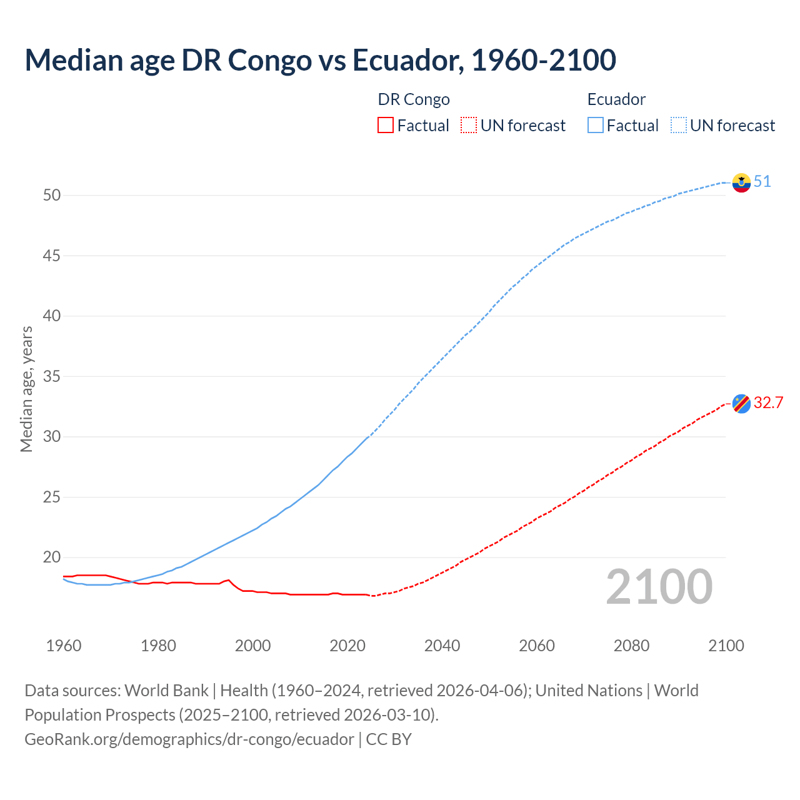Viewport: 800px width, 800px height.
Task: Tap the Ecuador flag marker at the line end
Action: coord(741,182)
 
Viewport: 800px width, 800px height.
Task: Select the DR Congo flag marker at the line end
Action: coord(741,404)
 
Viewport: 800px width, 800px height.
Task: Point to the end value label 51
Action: coord(762,182)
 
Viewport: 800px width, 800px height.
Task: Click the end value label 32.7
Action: coord(768,403)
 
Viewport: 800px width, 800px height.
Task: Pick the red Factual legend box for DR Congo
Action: coord(386,126)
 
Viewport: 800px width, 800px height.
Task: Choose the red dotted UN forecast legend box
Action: coord(469,126)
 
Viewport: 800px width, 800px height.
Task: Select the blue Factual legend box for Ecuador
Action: coord(596,126)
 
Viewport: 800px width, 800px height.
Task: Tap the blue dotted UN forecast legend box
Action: coord(678,126)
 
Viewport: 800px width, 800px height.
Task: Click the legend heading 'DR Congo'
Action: coord(414,99)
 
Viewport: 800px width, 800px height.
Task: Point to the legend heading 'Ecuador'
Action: coord(616,99)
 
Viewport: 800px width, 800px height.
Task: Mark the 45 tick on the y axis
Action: coord(52,256)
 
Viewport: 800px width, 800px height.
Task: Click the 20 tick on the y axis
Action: coord(52,557)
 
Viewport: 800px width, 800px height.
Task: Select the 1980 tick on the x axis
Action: coord(158,646)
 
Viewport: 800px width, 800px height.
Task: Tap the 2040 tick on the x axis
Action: coord(442,646)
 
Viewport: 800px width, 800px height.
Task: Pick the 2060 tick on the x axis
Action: coord(537,646)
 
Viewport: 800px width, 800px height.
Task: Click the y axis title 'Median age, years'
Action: coord(26,389)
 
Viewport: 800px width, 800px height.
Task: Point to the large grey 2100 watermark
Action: coord(659,587)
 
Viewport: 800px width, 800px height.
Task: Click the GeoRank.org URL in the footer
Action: coord(189,739)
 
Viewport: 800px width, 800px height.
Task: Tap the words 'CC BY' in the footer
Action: coord(389,739)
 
